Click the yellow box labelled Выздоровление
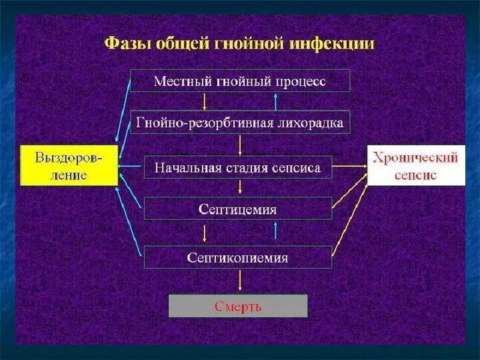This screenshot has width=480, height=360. pyautogui.click(x=69, y=165)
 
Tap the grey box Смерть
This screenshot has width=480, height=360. pyautogui.click(x=238, y=306)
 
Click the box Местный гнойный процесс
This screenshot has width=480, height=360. pyautogui.click(x=239, y=81)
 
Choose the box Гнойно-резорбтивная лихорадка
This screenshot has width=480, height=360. pyautogui.click(x=239, y=123)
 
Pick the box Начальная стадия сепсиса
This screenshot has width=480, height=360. pyautogui.click(x=237, y=167)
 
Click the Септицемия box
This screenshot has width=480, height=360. pyautogui.click(x=237, y=209)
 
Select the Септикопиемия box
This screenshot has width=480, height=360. pyautogui.click(x=237, y=257)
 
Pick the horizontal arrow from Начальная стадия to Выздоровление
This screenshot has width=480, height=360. pyautogui.click(x=131, y=167)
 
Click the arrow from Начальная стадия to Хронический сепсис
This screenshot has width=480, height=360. pyautogui.click(x=349, y=167)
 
